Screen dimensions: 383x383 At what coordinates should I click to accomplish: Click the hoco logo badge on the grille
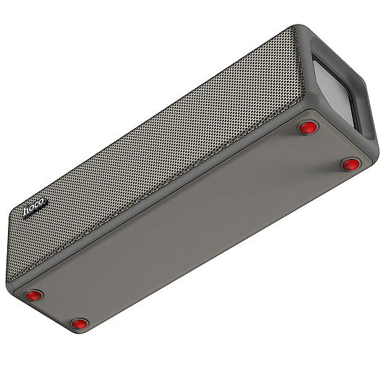pos(35,207)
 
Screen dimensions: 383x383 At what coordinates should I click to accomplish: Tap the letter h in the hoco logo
pos(27,211)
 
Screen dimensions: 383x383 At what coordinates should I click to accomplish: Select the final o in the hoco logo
pos(42,202)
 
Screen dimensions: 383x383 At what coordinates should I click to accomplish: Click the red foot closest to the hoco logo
pos(35,296)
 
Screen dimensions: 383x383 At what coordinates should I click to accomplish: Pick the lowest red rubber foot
pos(79,324)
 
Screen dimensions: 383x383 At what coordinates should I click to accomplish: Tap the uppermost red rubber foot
pos(309,127)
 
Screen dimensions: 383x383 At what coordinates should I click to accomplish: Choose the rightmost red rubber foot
pos(350,164)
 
